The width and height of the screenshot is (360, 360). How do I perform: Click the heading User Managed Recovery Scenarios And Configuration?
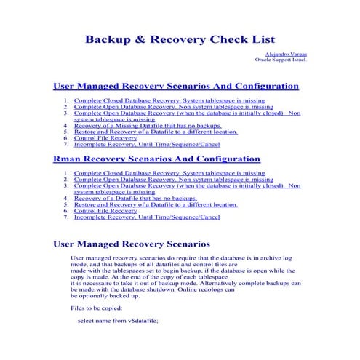click(x=176, y=85)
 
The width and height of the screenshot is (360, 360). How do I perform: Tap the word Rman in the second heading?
click(x=71, y=158)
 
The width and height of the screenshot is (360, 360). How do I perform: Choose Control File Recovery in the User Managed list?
click(x=105, y=137)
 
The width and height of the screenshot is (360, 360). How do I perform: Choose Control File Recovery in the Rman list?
click(x=105, y=210)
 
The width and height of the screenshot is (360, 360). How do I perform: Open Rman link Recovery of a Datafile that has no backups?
click(x=135, y=198)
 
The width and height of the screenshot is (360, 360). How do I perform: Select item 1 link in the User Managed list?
click(x=169, y=100)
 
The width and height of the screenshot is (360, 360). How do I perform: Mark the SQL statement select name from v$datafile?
click(x=117, y=320)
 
